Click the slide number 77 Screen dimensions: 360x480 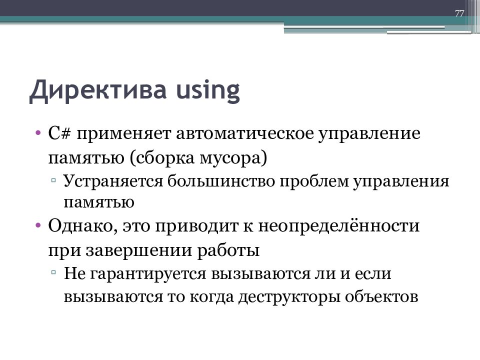coord(459,13)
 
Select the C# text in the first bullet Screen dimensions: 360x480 coord(59,134)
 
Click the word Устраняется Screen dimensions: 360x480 coord(113,181)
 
